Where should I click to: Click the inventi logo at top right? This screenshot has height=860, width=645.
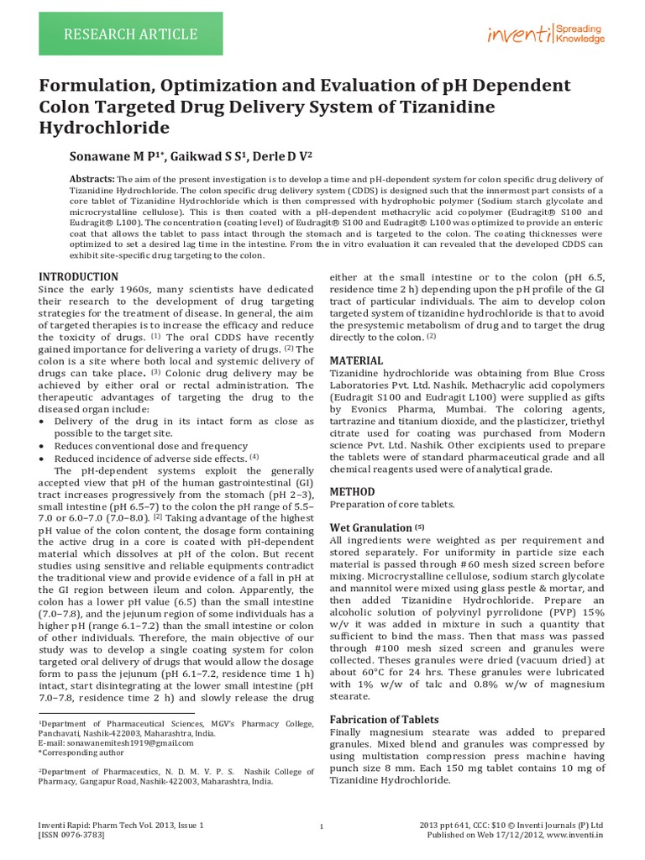[x=546, y=34]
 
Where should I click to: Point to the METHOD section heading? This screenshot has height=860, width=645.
[x=352, y=491]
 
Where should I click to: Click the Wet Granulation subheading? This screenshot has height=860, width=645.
[x=370, y=527]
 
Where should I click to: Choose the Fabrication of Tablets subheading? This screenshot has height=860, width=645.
[x=384, y=720]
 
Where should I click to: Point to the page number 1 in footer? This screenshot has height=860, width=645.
[x=322, y=828]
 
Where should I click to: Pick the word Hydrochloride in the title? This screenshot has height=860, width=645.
[x=105, y=128]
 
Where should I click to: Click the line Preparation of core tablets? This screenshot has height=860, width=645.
[x=392, y=505]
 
